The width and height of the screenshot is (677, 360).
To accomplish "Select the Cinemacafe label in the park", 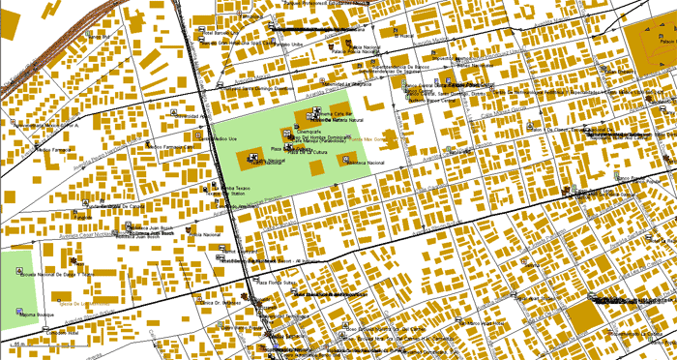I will coord(309,130).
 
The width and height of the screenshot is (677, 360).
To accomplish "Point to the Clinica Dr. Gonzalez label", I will coord(221,303).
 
